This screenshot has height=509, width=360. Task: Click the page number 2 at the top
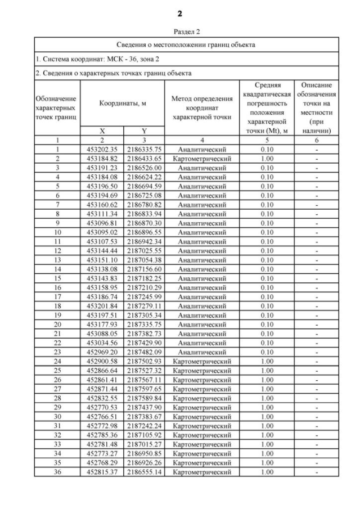coord(180,13)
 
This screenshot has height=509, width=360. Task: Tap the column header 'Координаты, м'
coord(123,103)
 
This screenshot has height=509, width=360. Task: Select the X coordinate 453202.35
coord(102,150)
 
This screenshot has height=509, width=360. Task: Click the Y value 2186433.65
coord(143,159)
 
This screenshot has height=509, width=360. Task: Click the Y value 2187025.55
coord(143,249)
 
